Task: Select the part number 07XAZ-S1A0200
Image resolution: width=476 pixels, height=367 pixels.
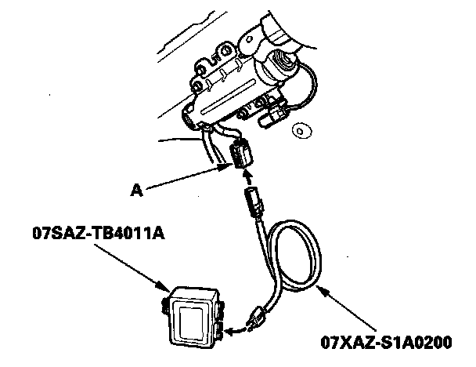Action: tap(386, 342)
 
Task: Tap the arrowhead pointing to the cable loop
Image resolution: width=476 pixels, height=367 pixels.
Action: tap(321, 292)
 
